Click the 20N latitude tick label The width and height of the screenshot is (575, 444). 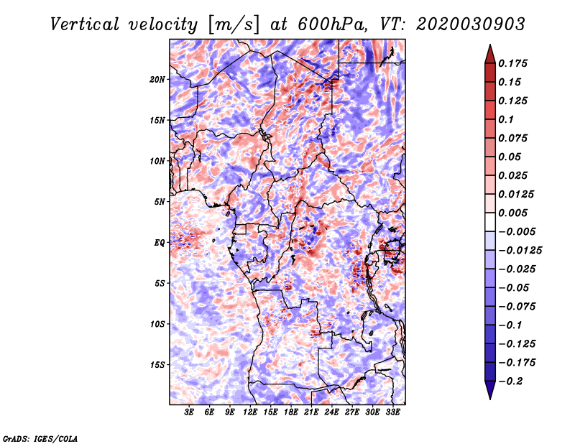click(x=157, y=80)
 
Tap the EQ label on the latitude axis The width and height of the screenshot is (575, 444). click(x=160, y=243)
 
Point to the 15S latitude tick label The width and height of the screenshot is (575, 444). click(x=157, y=365)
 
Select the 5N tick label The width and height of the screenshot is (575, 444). click(x=160, y=202)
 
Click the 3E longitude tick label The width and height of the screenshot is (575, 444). click(x=189, y=412)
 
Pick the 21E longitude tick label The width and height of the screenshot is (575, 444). click(x=311, y=412)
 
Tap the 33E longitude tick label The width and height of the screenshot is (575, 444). click(x=392, y=412)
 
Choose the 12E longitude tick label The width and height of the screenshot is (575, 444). click(x=250, y=412)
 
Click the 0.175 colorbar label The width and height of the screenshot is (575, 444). click(x=512, y=63)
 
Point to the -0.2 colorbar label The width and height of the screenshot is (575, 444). click(x=511, y=381)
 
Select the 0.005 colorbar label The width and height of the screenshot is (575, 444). click(x=512, y=213)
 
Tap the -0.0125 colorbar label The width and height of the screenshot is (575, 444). click(x=520, y=251)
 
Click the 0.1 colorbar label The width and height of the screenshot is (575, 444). click(x=506, y=119)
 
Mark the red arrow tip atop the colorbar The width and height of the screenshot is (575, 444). click(x=490, y=45)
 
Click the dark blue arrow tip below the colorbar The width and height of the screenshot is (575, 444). click(x=490, y=399)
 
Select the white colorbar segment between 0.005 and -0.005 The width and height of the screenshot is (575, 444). click(x=490, y=222)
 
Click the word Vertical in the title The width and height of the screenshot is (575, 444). click(x=85, y=24)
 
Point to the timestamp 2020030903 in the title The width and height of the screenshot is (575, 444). click(x=471, y=24)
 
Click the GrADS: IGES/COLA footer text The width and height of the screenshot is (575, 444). click(x=40, y=439)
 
